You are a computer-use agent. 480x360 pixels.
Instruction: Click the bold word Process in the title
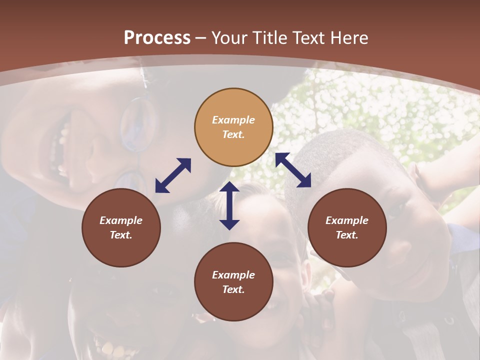(x=157, y=38)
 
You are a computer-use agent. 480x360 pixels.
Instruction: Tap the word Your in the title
(x=228, y=38)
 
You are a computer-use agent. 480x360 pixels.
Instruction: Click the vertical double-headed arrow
(x=229, y=205)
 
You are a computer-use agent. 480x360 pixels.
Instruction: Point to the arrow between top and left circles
(x=173, y=175)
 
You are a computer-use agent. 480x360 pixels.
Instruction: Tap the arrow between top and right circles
(x=293, y=170)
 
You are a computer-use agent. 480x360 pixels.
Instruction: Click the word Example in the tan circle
(x=233, y=120)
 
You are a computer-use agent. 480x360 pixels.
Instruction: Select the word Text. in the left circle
(x=121, y=235)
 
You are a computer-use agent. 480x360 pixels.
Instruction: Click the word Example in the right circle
(x=347, y=220)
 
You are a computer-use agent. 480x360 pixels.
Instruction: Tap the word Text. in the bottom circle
(x=233, y=289)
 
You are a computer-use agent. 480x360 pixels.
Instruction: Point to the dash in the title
(x=201, y=38)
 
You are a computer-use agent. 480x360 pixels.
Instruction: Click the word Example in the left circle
(x=121, y=220)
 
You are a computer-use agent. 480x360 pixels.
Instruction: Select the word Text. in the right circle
(x=347, y=235)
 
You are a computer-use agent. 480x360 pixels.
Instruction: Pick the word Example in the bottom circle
(x=233, y=275)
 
